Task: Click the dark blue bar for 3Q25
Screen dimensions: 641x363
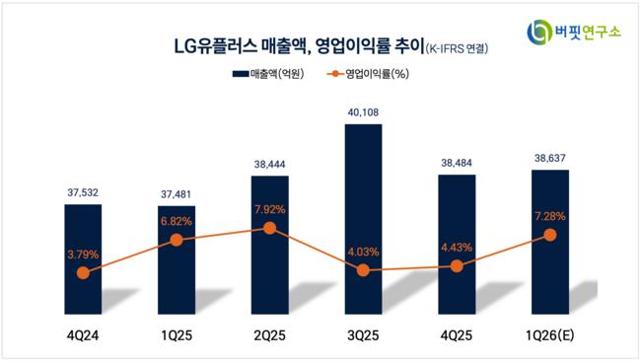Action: coord(363,219)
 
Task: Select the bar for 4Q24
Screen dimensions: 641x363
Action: coord(83,259)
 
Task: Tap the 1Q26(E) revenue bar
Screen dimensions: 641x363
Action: coord(550,242)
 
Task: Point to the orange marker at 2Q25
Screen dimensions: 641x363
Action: coord(269,228)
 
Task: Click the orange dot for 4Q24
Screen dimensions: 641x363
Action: coord(83,272)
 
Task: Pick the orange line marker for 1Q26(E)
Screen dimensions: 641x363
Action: coord(550,235)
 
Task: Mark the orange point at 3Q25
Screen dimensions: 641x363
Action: coord(363,270)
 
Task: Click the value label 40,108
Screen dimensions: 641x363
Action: coord(363,112)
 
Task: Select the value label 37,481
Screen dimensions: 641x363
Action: coord(176,194)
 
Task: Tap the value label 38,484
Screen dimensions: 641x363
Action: coord(457,163)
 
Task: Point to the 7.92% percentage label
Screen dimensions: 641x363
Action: coord(269,210)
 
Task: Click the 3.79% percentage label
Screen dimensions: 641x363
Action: coord(83,254)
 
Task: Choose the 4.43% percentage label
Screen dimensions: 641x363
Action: coord(457,248)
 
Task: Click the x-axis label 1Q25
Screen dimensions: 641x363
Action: coord(177,335)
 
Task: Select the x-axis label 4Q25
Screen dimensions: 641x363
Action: coord(457,335)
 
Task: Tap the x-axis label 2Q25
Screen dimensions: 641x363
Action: coord(270,335)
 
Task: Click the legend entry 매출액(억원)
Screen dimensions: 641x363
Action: coord(268,74)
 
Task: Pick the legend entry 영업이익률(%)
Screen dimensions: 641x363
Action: coord(368,74)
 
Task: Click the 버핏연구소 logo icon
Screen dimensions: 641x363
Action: coord(539,32)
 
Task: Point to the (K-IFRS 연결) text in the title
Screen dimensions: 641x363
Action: coord(457,48)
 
